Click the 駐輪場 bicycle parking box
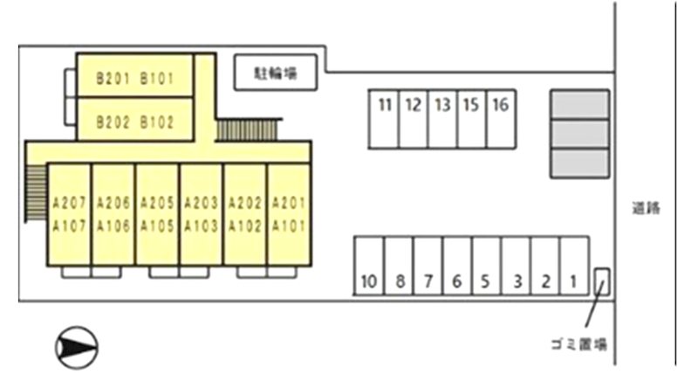276,73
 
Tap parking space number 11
384,119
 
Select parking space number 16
501,119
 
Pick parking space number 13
442,119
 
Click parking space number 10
369,266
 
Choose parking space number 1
574,266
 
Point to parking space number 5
487,266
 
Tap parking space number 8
399,266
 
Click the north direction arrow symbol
77,348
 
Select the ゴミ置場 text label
579,344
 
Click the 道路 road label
646,208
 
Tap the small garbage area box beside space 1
602,281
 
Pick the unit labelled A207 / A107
69,214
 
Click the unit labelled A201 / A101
289,214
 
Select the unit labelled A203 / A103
202,214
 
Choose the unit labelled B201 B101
135,75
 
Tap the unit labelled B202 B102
135,119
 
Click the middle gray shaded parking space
580,134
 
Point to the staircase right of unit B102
247,130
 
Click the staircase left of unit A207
36,192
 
